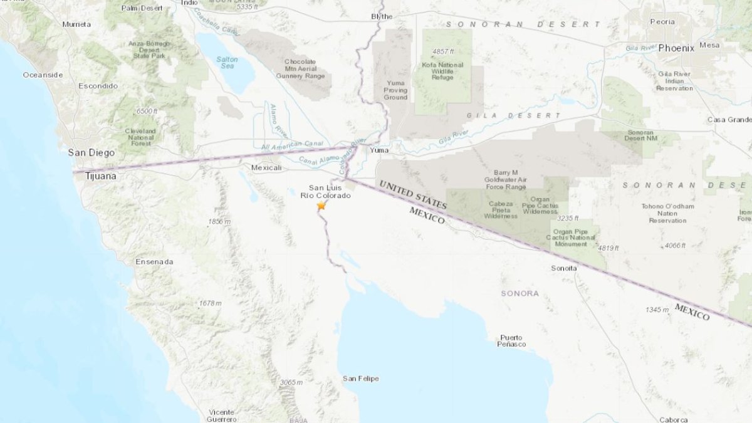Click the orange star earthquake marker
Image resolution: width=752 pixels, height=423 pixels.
click(x=321, y=206)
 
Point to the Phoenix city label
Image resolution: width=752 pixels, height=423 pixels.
click(x=676, y=48)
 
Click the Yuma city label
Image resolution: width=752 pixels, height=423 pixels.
click(x=379, y=150)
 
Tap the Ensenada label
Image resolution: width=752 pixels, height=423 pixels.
click(x=154, y=261)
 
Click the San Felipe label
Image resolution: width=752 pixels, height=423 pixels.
click(x=360, y=379)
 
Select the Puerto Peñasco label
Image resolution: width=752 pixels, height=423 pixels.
click(x=511, y=341)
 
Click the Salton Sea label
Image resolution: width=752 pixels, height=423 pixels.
click(x=227, y=63)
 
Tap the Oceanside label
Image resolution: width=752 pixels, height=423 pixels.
click(x=43, y=75)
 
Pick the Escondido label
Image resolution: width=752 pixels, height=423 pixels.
click(x=98, y=86)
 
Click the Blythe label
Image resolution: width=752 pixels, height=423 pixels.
click(x=382, y=16)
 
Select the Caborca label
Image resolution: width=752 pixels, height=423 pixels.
click(x=673, y=419)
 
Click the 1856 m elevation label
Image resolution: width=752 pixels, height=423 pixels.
click(x=220, y=222)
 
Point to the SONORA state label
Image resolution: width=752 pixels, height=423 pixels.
click(x=520, y=293)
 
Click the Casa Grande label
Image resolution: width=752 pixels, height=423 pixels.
click(x=729, y=120)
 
